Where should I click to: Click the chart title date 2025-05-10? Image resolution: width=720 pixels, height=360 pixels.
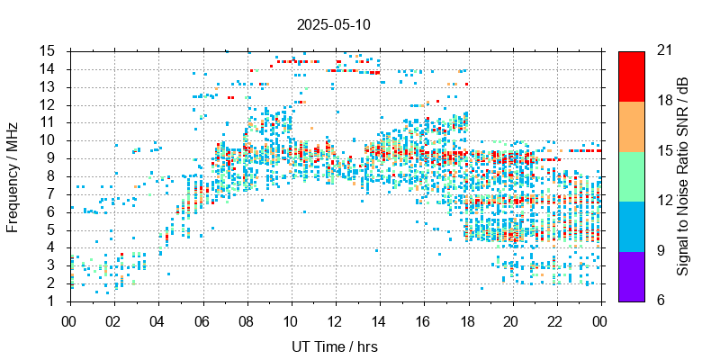tap(333, 24)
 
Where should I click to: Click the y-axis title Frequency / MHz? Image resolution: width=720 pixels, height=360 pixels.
tap(13, 175)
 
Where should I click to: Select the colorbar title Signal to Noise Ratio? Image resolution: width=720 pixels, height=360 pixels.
tap(684, 175)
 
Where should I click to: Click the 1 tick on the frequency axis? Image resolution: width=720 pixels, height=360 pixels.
tap(53, 301)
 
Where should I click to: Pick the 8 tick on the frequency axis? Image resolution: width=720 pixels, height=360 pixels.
tap(53, 175)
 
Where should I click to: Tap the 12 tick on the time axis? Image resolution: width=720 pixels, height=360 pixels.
tap(335, 319)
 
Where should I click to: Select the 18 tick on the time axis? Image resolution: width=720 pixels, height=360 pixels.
tap(467, 319)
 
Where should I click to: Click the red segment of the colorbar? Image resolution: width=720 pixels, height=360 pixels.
tap(632, 76)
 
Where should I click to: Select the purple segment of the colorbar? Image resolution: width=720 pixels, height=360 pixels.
tap(632, 275)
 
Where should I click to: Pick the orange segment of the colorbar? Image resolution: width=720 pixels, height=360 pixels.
tap(632, 126)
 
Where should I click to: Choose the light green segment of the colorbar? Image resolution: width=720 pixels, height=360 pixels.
tap(632, 175)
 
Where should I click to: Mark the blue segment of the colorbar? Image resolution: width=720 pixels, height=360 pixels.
tap(632, 226)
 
